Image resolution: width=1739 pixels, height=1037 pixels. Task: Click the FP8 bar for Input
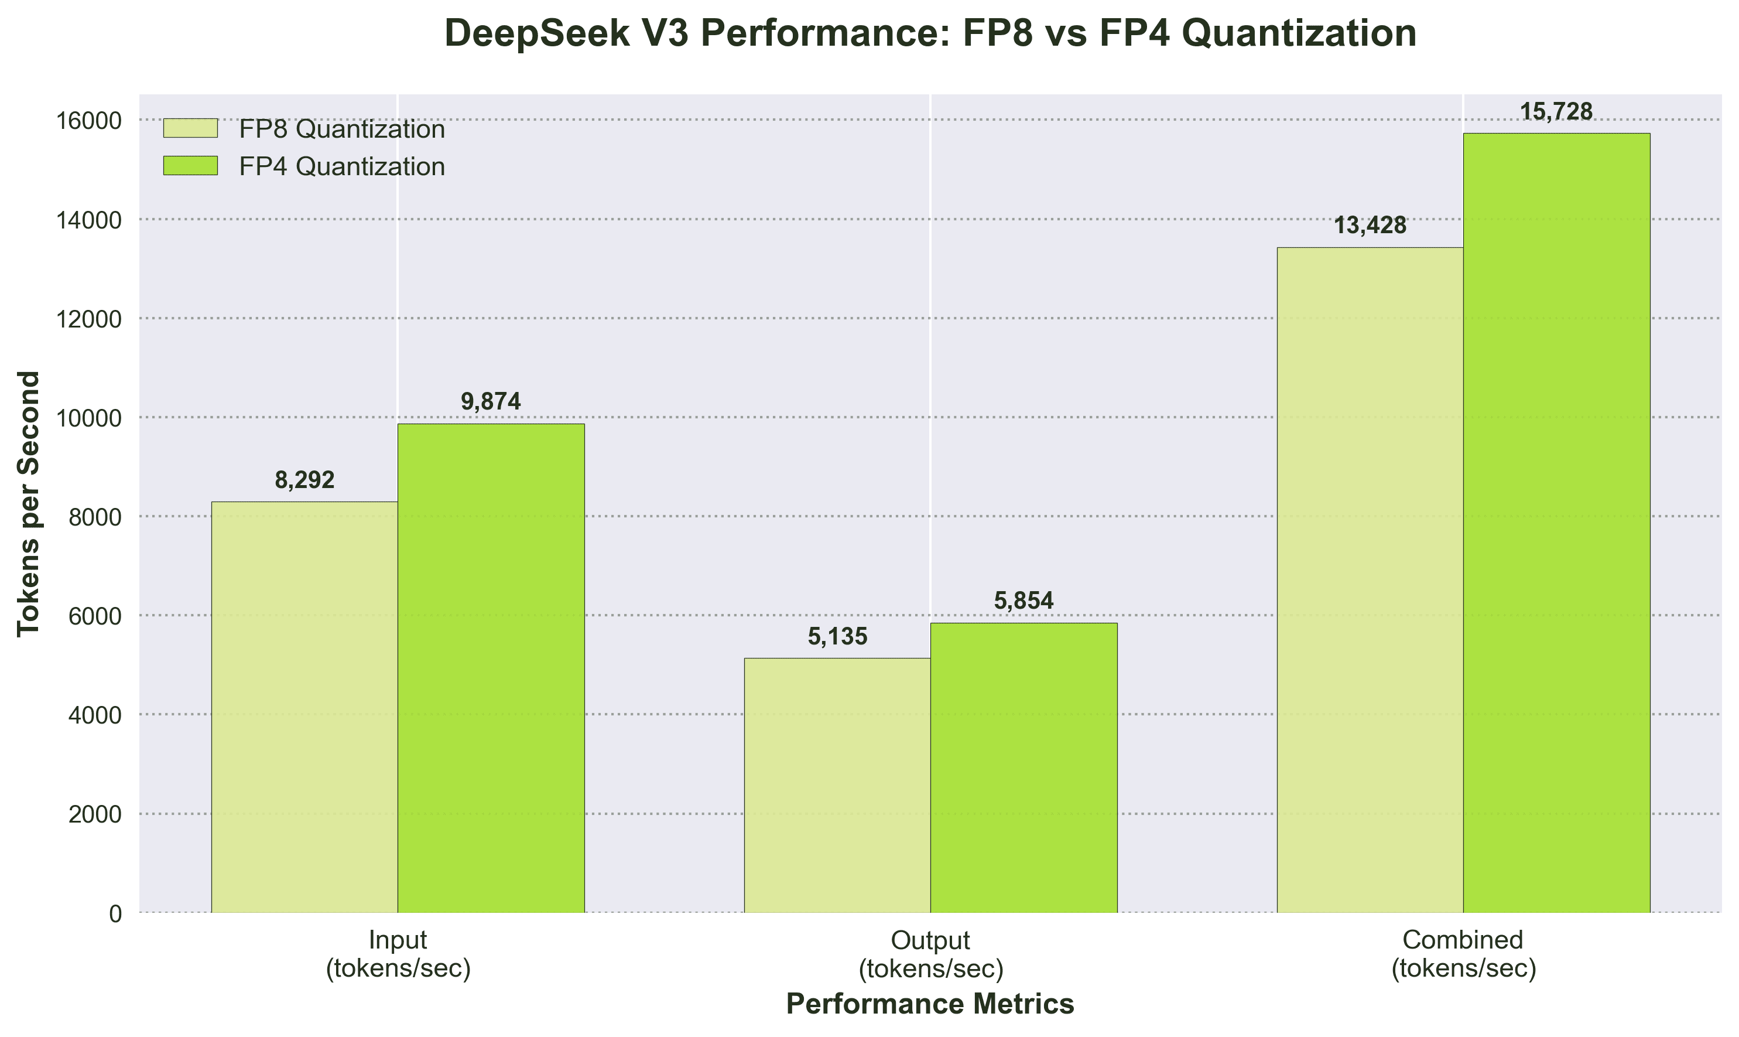tap(304, 707)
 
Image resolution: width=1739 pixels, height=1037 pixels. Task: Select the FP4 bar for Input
tap(491, 668)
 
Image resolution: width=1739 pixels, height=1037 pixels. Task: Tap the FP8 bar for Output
tap(837, 786)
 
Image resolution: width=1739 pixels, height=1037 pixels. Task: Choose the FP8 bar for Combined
tap(1370, 580)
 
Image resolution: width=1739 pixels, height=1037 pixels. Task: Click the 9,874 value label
tap(491, 402)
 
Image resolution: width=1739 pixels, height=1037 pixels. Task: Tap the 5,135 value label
tap(837, 637)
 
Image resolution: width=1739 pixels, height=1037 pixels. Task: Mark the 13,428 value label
tap(1370, 226)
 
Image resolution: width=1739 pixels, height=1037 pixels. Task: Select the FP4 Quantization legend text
tap(341, 166)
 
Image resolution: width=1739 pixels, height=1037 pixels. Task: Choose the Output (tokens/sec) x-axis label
tap(930, 954)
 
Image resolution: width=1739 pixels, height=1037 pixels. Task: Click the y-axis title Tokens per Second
tap(29, 503)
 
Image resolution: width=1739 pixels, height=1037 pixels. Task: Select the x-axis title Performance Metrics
tap(930, 1004)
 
